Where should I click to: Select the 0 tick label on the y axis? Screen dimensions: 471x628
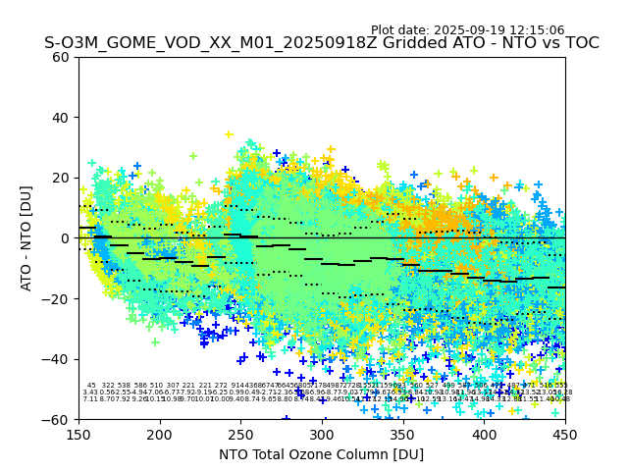click(66, 238)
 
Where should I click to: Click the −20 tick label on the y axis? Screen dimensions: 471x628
click(58, 298)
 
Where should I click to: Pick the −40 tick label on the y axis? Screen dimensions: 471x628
click(58, 359)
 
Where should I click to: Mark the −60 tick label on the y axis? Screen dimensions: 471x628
click(58, 419)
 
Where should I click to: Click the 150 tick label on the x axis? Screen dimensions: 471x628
click(78, 434)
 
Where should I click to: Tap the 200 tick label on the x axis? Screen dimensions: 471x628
click(160, 434)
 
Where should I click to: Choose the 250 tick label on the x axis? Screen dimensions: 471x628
click(240, 434)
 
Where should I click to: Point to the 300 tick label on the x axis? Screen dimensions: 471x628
click(322, 434)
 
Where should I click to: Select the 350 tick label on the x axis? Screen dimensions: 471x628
click(403, 434)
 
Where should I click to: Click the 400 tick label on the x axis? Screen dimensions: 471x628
click(484, 434)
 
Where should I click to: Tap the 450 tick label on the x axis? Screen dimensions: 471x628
click(565, 434)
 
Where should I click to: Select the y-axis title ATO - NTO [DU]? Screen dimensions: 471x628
click(26, 237)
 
